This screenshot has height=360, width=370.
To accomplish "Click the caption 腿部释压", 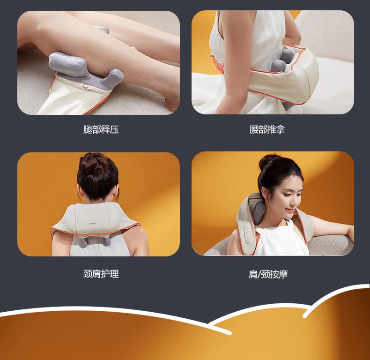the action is tap(101, 129).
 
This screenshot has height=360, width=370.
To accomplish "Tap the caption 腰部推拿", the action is tap(267, 129).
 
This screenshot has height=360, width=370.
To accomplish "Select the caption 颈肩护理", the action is tap(101, 274).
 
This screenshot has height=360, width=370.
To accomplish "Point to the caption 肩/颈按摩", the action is tap(268, 274).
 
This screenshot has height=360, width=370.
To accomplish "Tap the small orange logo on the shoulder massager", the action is tap(93, 223).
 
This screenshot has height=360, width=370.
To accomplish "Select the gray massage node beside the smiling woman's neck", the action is tap(259, 212).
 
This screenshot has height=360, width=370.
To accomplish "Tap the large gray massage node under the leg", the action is tap(67, 65).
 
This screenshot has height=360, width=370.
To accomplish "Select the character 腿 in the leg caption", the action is tap(88, 129).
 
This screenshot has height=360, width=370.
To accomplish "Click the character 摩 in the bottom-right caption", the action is tap(283, 275).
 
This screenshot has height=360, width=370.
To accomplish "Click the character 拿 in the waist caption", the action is tap(281, 129).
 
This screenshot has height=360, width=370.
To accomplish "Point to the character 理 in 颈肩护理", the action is tap(114, 274).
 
